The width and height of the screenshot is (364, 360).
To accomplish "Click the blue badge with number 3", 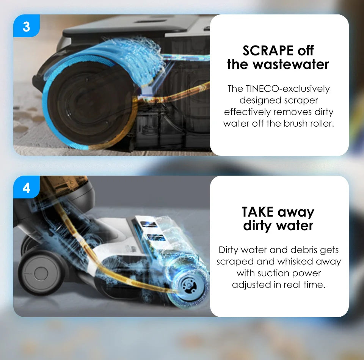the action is point(27,26).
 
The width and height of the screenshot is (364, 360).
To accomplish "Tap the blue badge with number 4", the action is point(27,187).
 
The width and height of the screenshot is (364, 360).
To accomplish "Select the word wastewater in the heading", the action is point(291,64).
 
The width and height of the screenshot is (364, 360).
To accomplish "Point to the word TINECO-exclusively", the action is point(288,89).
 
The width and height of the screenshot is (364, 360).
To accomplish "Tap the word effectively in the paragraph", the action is point(247,112).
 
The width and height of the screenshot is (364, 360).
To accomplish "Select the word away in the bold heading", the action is point(296,212).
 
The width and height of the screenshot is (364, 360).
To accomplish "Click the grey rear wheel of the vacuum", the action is point(41,273).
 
